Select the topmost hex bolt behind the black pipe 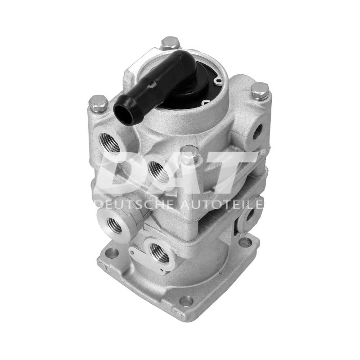pyautogui.click(x=170, y=44)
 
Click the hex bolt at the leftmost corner pyautogui.click(x=99, y=104)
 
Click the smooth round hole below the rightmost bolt pyautogui.click(x=257, y=131)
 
